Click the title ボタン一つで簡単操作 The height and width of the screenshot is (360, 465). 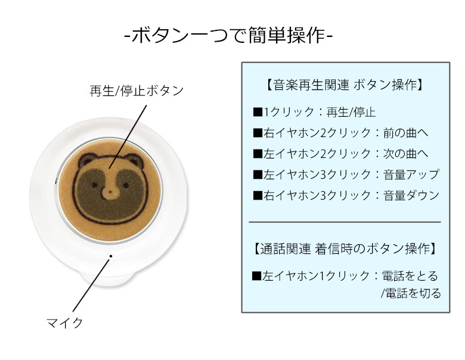tap(228, 36)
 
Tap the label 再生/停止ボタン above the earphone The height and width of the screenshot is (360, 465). tap(137, 91)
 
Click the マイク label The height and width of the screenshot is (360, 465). tap(64, 322)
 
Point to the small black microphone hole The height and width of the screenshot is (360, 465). tap(111, 256)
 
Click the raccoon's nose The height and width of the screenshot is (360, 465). tap(110, 192)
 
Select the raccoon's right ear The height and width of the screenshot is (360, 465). tap(134, 160)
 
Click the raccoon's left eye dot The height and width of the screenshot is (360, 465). tap(95, 185)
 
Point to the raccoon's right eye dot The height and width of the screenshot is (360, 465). tap(126, 185)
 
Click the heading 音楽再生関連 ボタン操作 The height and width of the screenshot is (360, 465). tap(346, 85)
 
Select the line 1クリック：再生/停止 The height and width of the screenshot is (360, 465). tap(314, 112)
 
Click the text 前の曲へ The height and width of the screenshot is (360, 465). tap(406, 133)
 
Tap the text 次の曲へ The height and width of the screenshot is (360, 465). tap(406, 154)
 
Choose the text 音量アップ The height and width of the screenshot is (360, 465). tap(411, 175)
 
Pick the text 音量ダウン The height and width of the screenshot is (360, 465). tap(411, 195)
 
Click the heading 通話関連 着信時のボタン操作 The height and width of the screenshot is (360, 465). tap(346, 249)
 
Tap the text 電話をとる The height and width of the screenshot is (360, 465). tap(410, 276)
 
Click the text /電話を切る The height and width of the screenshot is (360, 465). tap(411, 293)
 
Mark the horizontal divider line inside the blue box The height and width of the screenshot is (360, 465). tap(345, 222)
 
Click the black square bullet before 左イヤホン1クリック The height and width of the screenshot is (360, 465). tap(256, 276)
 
